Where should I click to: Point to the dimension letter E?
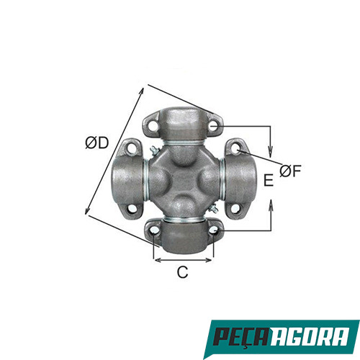click(268, 181)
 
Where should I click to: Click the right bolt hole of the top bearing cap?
click(214, 128)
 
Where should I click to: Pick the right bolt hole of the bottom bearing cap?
click(213, 230)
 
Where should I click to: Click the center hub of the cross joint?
click(184, 180)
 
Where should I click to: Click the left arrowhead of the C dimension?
click(156, 258)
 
